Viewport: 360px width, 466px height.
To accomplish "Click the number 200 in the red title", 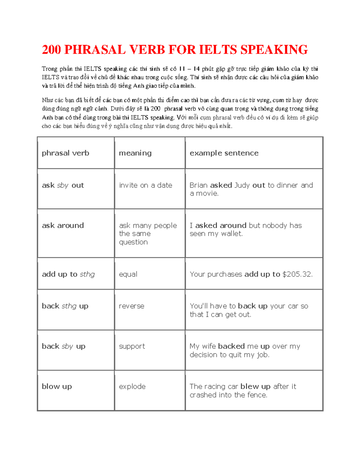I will [51, 50].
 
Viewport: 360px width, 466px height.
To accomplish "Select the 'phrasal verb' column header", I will [65, 153].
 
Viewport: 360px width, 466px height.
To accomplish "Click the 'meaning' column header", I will [135, 153].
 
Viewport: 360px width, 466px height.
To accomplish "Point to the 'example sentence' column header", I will [224, 153].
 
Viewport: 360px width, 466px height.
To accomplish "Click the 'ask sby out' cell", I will [63, 185].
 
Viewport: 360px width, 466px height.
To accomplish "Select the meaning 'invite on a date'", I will [145, 185].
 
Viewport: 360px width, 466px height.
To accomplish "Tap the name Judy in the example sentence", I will [242, 185].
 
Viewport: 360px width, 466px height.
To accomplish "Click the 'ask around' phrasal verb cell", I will [63, 225].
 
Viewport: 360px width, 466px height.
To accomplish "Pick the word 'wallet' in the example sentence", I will [231, 234].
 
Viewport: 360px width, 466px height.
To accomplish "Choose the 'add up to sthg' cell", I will [68, 274].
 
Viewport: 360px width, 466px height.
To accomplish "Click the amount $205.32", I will [297, 274].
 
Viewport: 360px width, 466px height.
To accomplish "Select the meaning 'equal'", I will [128, 274].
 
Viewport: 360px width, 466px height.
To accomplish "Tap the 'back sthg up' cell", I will [65, 306].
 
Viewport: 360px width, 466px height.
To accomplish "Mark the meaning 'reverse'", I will [131, 306].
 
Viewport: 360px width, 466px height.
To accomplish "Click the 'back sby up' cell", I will [64, 346].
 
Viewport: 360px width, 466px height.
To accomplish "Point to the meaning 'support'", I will [132, 347].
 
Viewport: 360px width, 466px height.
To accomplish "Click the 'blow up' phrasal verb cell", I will [57, 386].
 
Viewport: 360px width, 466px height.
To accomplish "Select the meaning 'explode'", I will [132, 386].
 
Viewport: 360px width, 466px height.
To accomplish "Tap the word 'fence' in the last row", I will [257, 395].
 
